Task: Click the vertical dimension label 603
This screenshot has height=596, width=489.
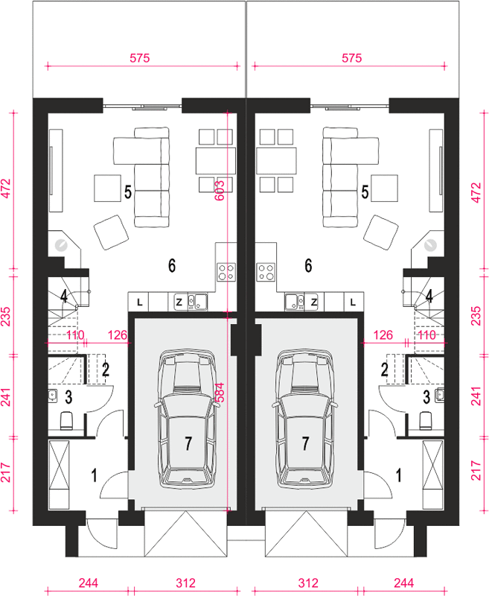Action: point(220,190)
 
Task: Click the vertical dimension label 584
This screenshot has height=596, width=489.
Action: point(220,393)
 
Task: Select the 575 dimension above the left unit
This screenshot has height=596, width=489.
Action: point(140,58)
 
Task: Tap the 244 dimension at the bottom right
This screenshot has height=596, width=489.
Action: point(403,583)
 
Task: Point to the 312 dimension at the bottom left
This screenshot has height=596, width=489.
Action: point(185,583)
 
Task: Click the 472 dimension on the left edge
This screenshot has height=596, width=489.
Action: point(6,188)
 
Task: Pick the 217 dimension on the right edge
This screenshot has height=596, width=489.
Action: point(476,471)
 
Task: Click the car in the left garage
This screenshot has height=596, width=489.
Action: point(186,419)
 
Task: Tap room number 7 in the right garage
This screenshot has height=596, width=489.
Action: point(305,443)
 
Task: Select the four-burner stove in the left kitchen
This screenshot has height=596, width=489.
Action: point(226,272)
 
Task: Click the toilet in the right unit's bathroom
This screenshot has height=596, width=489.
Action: point(426,421)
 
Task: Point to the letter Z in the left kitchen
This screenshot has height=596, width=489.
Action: point(179,302)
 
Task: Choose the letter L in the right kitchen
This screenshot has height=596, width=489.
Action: point(353,302)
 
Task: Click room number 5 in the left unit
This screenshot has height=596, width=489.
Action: point(128,192)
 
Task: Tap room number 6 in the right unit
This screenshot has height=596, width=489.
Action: point(308,266)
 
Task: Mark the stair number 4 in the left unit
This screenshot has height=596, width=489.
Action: point(64,297)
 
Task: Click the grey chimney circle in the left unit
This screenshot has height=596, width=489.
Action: point(61,246)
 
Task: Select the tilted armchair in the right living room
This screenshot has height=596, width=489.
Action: point(381,232)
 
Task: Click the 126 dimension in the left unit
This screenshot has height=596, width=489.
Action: point(118,335)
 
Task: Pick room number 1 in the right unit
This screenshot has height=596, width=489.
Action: point(399,475)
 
